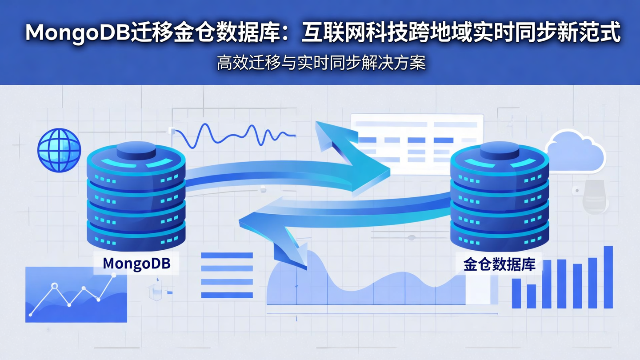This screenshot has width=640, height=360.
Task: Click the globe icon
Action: click(59, 150)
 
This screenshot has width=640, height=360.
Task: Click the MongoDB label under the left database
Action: click(136, 263)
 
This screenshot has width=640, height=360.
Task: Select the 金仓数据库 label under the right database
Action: click(499, 265)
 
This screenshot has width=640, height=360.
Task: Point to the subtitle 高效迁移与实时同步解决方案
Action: click(321, 63)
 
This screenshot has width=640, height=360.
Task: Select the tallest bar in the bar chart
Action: click(608, 277)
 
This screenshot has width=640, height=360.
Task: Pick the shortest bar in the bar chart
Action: click(531, 296)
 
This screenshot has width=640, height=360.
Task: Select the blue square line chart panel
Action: click(76, 294)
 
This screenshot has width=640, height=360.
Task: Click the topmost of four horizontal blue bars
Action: click(227, 256)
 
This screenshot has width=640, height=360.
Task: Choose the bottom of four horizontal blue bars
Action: click(227, 295)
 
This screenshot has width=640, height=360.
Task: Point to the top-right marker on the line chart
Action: click(114, 276)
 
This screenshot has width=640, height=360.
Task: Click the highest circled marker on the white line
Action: click(55, 286)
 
